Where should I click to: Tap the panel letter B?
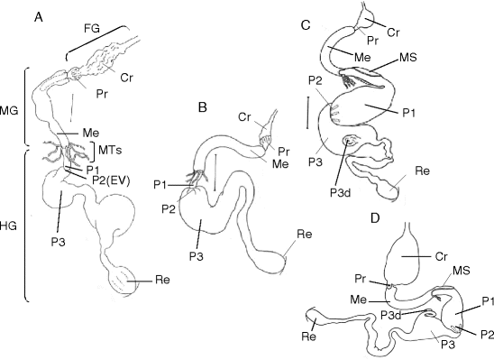(203, 106)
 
